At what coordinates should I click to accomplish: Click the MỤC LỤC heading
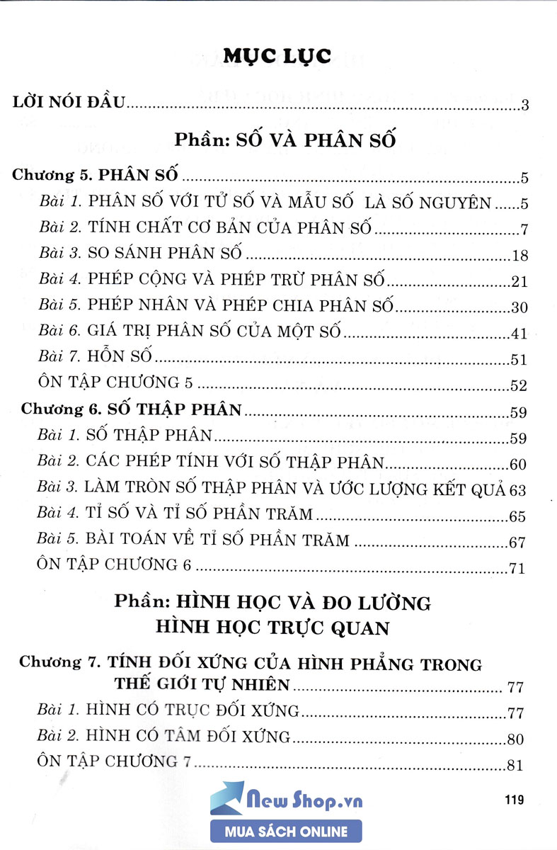click(277, 57)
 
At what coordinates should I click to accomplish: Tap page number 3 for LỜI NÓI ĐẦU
click(524, 106)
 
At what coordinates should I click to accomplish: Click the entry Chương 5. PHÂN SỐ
click(96, 177)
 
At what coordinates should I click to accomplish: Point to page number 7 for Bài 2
click(524, 229)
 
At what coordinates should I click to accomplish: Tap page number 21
click(519, 282)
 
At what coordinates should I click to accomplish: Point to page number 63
click(519, 489)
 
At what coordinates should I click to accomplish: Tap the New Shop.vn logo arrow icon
click(227, 799)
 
